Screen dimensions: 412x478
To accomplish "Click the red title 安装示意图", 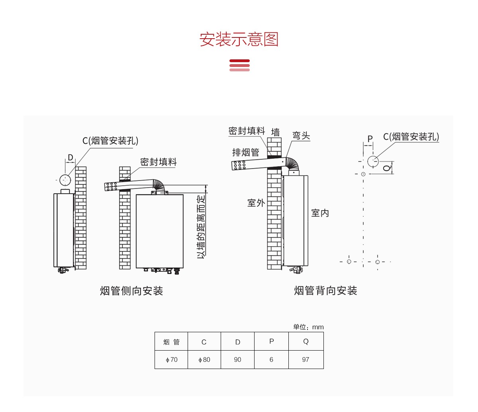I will (x=239, y=39).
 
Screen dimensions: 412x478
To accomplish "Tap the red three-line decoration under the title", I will (x=239, y=65).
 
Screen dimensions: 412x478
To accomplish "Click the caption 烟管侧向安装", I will (x=131, y=291).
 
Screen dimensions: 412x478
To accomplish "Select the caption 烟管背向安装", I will (x=325, y=291).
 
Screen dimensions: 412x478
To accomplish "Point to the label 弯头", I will (x=301, y=135).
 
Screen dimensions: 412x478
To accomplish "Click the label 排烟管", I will (x=246, y=152).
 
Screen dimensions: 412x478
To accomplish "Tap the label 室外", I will (x=256, y=203).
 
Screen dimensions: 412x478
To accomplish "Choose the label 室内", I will (x=320, y=213).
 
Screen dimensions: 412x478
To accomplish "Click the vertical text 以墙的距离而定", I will (x=202, y=226).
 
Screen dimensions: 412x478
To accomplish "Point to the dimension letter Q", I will (x=386, y=167).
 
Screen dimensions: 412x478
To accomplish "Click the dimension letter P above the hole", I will (x=370, y=139).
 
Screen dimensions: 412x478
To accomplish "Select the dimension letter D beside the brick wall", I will (x=71, y=157).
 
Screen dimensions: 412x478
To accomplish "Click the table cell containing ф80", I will (x=204, y=359).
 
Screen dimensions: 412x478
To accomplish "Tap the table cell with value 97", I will (x=306, y=359).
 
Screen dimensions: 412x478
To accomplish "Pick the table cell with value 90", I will (x=237, y=359).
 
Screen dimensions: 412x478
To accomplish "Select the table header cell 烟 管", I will (x=171, y=342).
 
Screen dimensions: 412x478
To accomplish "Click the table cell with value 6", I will (x=271, y=359).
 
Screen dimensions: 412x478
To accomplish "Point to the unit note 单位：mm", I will (x=308, y=327).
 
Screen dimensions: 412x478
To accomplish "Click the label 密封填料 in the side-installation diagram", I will (x=158, y=162).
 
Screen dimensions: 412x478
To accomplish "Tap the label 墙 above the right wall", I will (x=275, y=132).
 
